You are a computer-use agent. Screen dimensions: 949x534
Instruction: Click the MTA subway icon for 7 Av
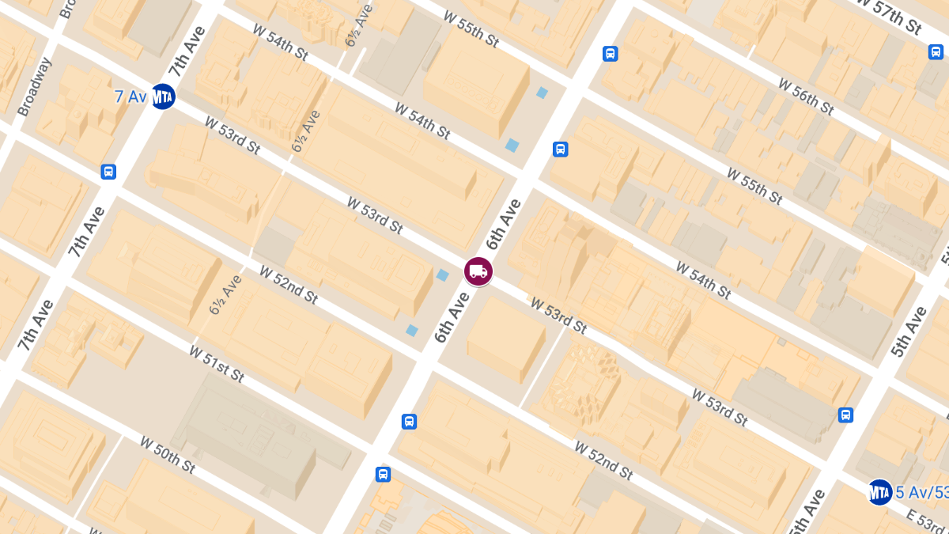163,97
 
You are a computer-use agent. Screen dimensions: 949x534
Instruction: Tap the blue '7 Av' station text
130,97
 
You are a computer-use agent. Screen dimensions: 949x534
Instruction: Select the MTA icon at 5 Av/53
879,492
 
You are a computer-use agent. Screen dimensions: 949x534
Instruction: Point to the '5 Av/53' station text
921,493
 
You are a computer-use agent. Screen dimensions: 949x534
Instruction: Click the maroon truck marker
478,271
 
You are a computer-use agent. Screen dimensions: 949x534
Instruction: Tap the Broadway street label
34,86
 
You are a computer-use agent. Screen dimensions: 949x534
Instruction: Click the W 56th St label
806,96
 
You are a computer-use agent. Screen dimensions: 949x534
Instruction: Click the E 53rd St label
924,522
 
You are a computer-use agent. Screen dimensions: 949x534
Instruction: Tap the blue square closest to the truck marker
443,275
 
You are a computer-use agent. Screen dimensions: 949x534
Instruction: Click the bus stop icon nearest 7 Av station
108,172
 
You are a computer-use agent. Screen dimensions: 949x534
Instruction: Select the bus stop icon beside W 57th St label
936,52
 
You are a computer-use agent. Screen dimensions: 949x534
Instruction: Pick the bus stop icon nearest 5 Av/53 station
845,415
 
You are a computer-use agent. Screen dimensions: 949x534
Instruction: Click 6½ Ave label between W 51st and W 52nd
225,294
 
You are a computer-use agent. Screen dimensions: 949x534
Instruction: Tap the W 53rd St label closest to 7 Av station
232,135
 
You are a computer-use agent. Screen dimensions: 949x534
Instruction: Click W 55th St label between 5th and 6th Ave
754,186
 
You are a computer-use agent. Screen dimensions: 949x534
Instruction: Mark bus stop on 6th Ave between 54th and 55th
560,149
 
